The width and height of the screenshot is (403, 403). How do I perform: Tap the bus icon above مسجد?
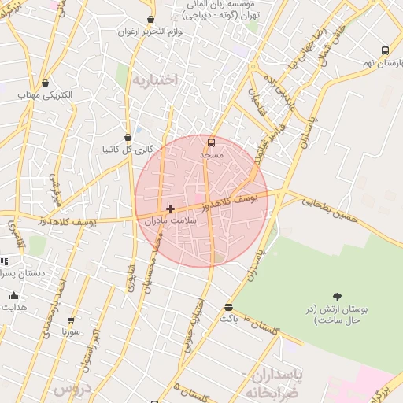point(211,143)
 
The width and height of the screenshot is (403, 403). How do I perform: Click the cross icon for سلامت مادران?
point(170,209)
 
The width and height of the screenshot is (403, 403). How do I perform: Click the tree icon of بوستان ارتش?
point(338,297)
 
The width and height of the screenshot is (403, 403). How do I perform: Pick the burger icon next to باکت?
point(228,307)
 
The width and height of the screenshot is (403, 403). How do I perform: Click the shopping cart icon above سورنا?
point(71,320)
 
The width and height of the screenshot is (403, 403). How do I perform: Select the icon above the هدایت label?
point(13,296)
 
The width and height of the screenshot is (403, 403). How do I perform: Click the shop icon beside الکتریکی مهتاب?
point(45,83)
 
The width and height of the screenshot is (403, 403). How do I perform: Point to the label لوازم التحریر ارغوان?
point(150,32)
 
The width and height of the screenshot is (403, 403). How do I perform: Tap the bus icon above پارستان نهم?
point(384,50)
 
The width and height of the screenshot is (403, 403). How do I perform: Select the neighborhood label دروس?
point(72,389)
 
